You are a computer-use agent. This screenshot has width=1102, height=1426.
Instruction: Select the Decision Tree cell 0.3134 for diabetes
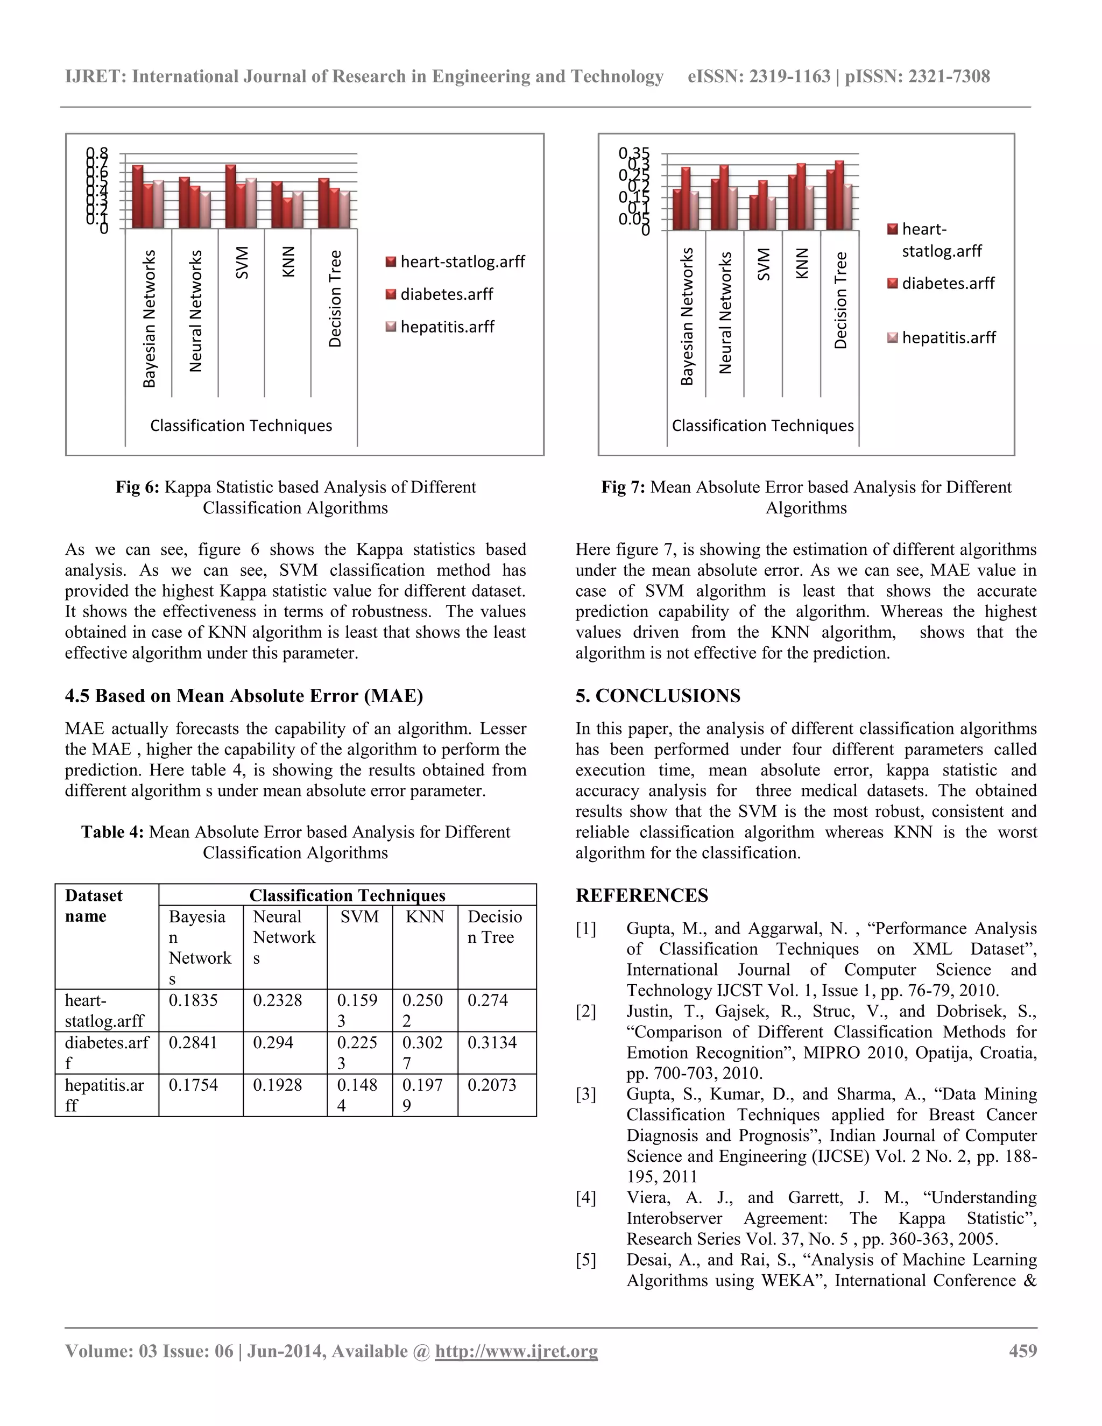click(492, 1043)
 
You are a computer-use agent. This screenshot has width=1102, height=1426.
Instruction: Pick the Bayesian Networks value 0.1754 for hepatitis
click(193, 1085)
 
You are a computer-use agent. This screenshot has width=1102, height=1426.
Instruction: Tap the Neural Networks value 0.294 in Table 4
click(272, 1043)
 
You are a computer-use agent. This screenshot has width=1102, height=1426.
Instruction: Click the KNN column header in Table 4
click(425, 917)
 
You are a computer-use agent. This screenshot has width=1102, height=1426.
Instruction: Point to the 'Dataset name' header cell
click(93, 906)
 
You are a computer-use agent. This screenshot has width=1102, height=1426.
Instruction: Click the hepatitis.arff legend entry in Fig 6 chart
click(447, 327)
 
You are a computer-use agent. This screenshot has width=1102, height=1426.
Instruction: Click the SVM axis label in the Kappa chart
click(242, 263)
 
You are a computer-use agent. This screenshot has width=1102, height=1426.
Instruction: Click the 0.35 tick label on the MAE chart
click(634, 153)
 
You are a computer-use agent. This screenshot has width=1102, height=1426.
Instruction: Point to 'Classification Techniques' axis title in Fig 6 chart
click(241, 426)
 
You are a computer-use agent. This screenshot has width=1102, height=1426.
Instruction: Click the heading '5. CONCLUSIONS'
click(658, 696)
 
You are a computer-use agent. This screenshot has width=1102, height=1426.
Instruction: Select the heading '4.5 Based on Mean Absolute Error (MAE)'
click(244, 696)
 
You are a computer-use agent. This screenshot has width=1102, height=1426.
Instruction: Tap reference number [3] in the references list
click(585, 1095)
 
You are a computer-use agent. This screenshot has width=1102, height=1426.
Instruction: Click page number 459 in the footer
click(1022, 1351)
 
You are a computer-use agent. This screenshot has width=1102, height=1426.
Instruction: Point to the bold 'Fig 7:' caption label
click(623, 487)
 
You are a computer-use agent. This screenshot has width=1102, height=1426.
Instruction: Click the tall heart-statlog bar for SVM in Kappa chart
click(230, 196)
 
